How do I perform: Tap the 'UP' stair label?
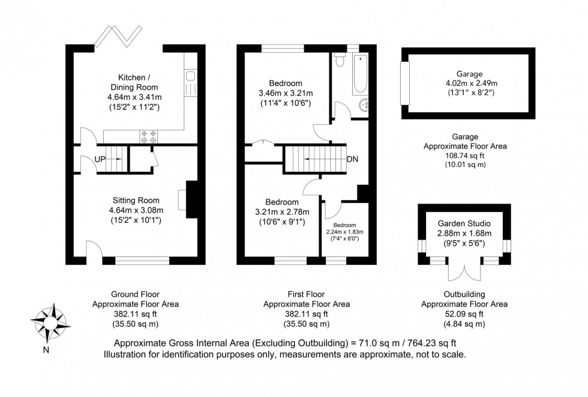100,159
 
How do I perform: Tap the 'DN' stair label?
353,160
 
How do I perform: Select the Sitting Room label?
136,200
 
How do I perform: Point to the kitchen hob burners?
148,137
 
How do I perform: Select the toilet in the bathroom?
340,61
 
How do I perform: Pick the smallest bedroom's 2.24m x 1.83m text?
344,232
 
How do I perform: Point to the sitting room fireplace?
190,199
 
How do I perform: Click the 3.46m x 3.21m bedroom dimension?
285,93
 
